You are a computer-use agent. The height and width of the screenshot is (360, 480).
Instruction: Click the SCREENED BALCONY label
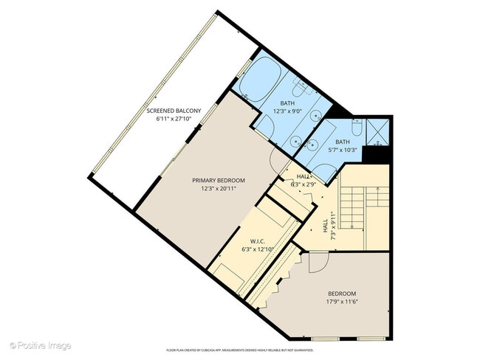[x=174, y=111]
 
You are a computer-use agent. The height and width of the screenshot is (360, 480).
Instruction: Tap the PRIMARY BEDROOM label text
[x=219, y=180]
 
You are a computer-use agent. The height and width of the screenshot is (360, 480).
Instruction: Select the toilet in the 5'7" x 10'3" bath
[x=356, y=129]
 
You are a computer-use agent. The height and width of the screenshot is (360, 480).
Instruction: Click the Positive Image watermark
[x=41, y=345]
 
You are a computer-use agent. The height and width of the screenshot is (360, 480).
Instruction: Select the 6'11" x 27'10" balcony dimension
[x=174, y=119]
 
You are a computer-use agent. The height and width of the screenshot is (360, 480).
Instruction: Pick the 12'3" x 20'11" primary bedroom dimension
[x=219, y=188]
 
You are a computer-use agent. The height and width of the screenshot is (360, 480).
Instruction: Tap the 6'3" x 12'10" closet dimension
[x=258, y=249]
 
